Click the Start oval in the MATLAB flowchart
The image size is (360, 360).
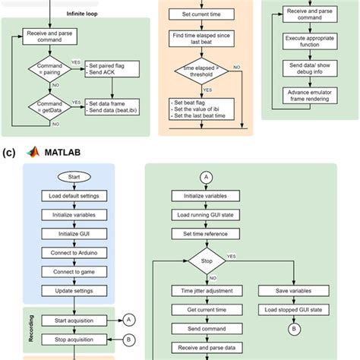(x=73, y=178)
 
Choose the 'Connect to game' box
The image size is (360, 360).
(x=73, y=271)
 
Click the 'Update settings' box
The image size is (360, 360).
(x=73, y=289)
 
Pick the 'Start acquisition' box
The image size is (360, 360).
(x=73, y=319)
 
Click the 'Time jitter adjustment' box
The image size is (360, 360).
(x=207, y=290)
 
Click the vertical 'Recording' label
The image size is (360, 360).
(x=32, y=329)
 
